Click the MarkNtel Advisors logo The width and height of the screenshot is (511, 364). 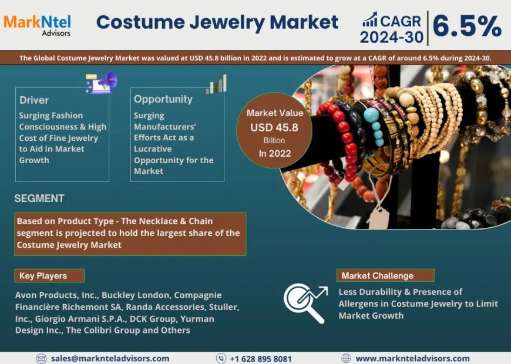click(37, 24)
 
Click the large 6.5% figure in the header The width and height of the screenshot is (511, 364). click(467, 26)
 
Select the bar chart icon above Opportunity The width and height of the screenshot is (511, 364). click(216, 84)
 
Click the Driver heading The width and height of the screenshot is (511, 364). click(34, 100)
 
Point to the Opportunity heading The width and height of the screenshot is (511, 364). click(163, 99)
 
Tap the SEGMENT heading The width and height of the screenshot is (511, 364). click(39, 198)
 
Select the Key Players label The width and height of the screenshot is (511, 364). click(43, 275)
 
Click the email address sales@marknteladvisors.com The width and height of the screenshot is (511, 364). click(110, 358)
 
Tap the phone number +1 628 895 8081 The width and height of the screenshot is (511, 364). click(260, 358)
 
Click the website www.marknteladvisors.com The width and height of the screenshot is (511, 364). click(412, 358)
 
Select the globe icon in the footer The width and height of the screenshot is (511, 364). click(346, 358)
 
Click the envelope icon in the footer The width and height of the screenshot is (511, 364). click(41, 358)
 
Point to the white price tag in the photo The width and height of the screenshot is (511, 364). click(379, 217)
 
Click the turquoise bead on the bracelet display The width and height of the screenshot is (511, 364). click(371, 115)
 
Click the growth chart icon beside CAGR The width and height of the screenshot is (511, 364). click(369, 20)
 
